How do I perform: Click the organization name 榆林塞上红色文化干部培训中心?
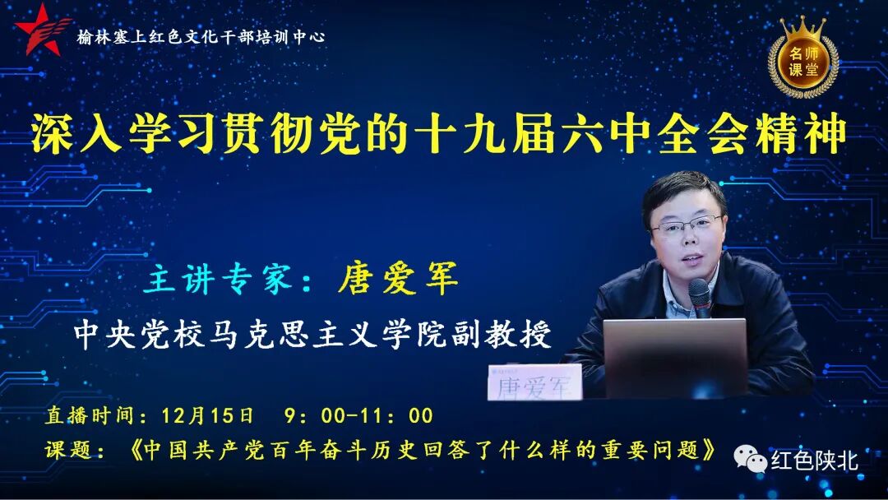point(201,37)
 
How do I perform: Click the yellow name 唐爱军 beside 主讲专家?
point(398,280)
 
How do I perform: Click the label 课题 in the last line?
point(72,451)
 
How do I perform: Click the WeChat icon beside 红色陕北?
point(750,457)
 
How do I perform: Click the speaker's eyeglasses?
point(686,225)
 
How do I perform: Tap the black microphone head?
point(699,292)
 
